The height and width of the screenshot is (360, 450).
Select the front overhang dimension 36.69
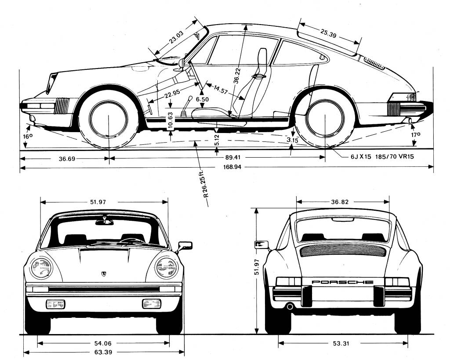click(68, 158)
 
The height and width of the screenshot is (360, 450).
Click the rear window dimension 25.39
click(328, 33)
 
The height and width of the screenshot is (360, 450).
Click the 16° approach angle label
click(28, 137)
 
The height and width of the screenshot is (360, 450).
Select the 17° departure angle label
click(416, 135)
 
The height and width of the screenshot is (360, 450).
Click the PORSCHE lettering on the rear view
click(342, 282)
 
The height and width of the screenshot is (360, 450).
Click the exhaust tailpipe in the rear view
click(290, 306)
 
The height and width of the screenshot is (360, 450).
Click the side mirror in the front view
click(185, 245)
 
